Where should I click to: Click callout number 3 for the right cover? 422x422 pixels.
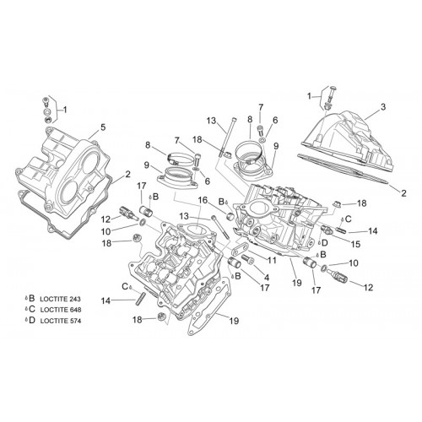[x=383, y=107]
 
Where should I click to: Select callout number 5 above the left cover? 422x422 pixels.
[x=103, y=127]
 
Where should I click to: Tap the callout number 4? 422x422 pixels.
[x=267, y=278]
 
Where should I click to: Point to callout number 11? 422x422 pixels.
[x=272, y=261]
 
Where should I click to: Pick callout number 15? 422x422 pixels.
[x=355, y=244]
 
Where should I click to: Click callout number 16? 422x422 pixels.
[x=203, y=200]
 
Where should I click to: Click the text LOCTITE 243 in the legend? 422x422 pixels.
[x=61, y=299]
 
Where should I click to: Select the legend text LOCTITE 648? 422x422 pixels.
[x=61, y=310]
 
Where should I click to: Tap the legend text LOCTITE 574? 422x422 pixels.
[x=61, y=321]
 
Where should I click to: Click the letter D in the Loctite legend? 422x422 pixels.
[x=32, y=320]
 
